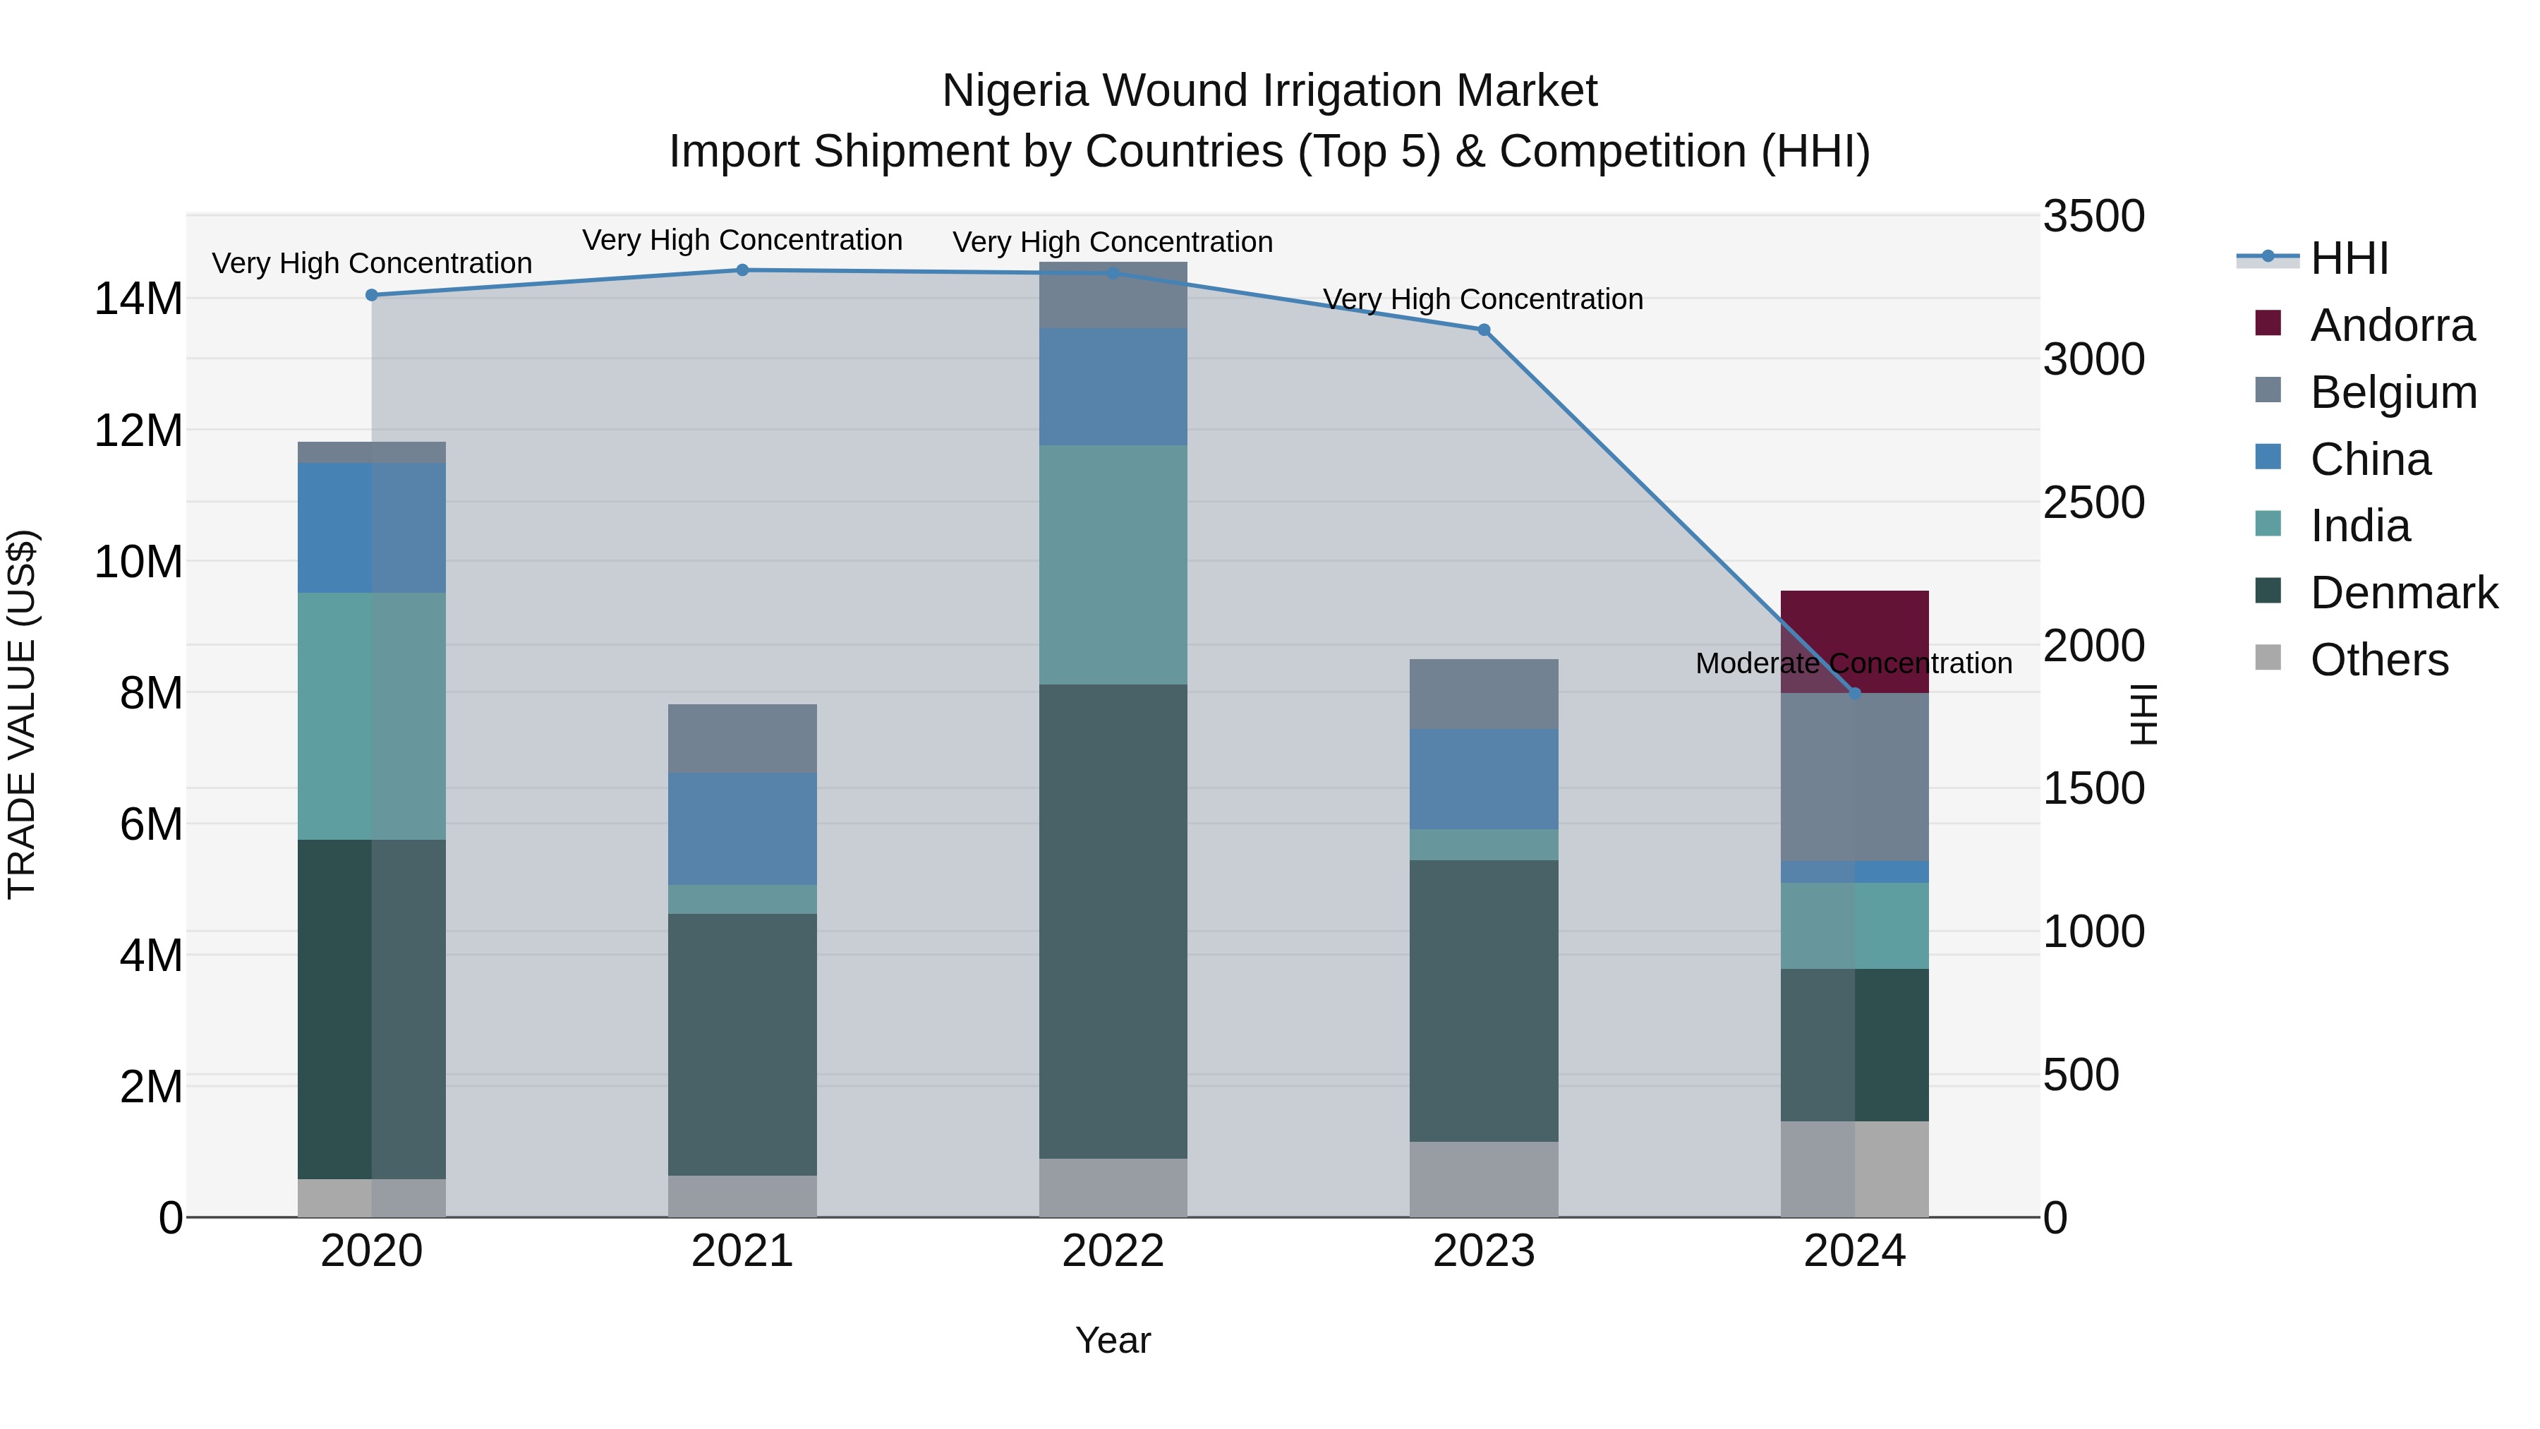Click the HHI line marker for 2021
coord(742,270)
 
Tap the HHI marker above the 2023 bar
coord(1484,330)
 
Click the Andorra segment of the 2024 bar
coord(1855,631)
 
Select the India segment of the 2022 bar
coord(1113,565)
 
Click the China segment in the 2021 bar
coord(742,828)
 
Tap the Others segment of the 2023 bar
coord(1484,1179)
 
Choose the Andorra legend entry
coord(2391,325)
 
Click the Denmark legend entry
coord(2403,593)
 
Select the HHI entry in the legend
coord(2349,258)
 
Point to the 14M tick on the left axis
coord(138,299)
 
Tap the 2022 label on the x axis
coord(1113,1251)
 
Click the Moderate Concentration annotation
coord(1853,664)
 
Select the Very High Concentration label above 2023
coord(1483,299)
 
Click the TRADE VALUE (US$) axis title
coord(23,715)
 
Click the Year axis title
coord(1113,1340)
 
